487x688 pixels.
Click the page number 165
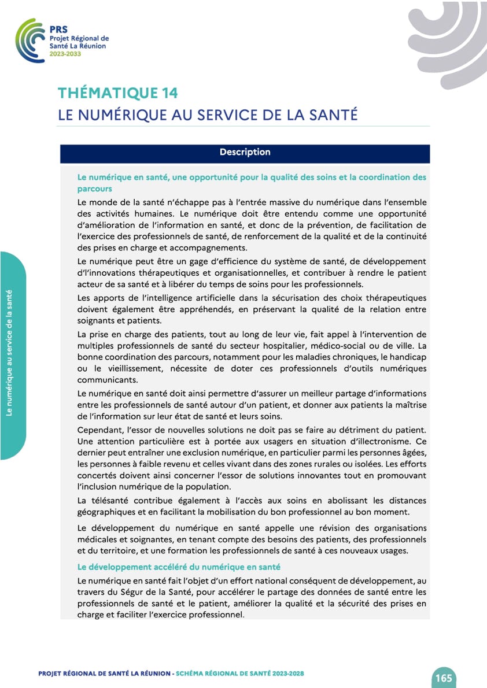point(444,678)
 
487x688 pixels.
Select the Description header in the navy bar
point(245,153)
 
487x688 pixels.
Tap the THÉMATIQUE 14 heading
point(117,93)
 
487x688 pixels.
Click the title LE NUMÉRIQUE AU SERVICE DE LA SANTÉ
point(208,114)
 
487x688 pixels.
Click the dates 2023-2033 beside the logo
point(65,54)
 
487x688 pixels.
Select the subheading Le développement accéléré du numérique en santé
point(179,567)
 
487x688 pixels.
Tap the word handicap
point(408,357)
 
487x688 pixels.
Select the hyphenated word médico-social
point(337,345)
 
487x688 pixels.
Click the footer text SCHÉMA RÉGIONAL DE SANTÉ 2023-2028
point(239,674)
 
